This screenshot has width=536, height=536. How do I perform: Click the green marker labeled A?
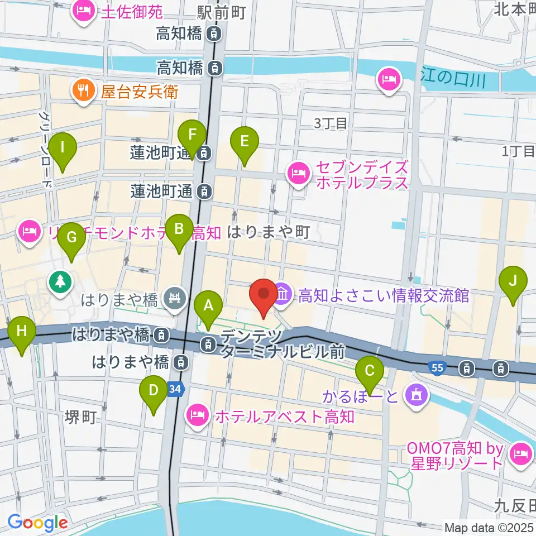[208, 306]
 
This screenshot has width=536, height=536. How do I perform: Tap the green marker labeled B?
[179, 229]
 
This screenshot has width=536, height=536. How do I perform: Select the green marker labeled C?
[370, 371]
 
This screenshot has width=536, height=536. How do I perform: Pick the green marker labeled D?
[154, 391]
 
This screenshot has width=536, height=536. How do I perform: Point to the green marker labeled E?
[244, 142]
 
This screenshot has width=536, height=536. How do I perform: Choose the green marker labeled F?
[192, 136]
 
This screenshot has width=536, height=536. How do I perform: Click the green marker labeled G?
[72, 238]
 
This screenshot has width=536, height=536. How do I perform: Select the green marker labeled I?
[63, 149]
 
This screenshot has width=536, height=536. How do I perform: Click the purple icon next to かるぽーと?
[417, 395]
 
